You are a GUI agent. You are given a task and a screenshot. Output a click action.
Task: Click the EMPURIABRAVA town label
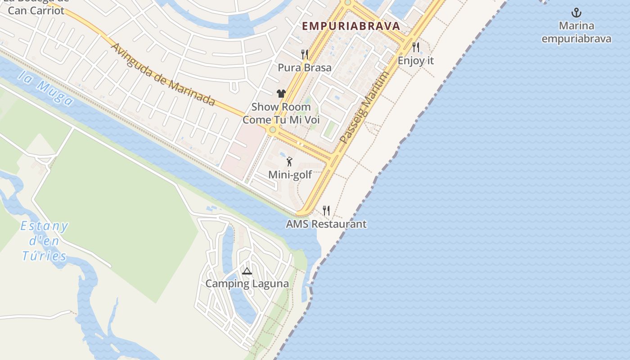[351, 26]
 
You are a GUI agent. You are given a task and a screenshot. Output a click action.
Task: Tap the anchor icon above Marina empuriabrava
[576, 13]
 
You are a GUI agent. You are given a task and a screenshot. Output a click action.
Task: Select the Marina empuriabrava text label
[576, 32]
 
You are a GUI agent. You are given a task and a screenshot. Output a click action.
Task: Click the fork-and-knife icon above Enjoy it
[415, 46]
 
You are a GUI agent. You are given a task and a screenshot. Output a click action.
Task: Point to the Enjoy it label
[415, 60]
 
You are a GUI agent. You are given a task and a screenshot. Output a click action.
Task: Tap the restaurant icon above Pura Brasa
[305, 54]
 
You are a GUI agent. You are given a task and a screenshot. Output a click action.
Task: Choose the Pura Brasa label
[305, 67]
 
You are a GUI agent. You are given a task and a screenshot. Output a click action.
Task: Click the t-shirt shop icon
[281, 94]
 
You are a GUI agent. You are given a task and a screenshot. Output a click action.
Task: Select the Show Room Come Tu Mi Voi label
[281, 113]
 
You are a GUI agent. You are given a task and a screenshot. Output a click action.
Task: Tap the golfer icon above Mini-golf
[289, 161]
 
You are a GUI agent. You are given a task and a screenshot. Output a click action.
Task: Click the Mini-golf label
[290, 175]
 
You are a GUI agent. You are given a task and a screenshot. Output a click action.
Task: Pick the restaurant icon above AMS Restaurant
[326, 210]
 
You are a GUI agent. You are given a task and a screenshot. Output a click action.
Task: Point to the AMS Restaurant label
[326, 224]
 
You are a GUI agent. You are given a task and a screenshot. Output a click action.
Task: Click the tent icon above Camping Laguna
[247, 271]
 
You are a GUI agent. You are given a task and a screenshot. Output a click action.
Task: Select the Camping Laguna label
[247, 284]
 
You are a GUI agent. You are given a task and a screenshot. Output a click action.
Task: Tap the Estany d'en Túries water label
[44, 241]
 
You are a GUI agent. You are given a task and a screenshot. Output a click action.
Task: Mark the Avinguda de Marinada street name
[162, 75]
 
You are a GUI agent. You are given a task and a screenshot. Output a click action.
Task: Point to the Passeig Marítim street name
[364, 108]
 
